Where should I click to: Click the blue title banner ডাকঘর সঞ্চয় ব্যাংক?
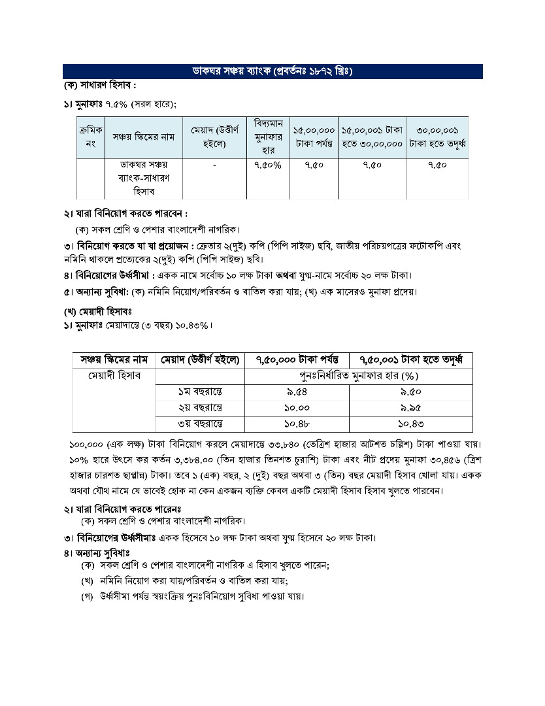272,71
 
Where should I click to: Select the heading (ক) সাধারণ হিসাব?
99,86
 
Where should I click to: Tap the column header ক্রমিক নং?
90,137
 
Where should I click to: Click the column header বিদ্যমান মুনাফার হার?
268,137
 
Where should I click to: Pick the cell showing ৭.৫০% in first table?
268,165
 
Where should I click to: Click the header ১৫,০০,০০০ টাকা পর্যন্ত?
314,137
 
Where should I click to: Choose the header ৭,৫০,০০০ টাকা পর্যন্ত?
297,360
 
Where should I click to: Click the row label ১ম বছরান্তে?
200,392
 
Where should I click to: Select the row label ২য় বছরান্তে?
200,409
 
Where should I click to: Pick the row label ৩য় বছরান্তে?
200,425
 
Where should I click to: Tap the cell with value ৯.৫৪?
297,392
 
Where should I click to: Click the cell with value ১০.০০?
297,409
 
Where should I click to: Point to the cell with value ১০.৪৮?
297,425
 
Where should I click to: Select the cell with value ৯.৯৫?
411,409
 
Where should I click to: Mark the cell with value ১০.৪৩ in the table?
411,425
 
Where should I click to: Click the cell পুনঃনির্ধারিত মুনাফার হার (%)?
358,376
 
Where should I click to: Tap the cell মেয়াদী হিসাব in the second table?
113,376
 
